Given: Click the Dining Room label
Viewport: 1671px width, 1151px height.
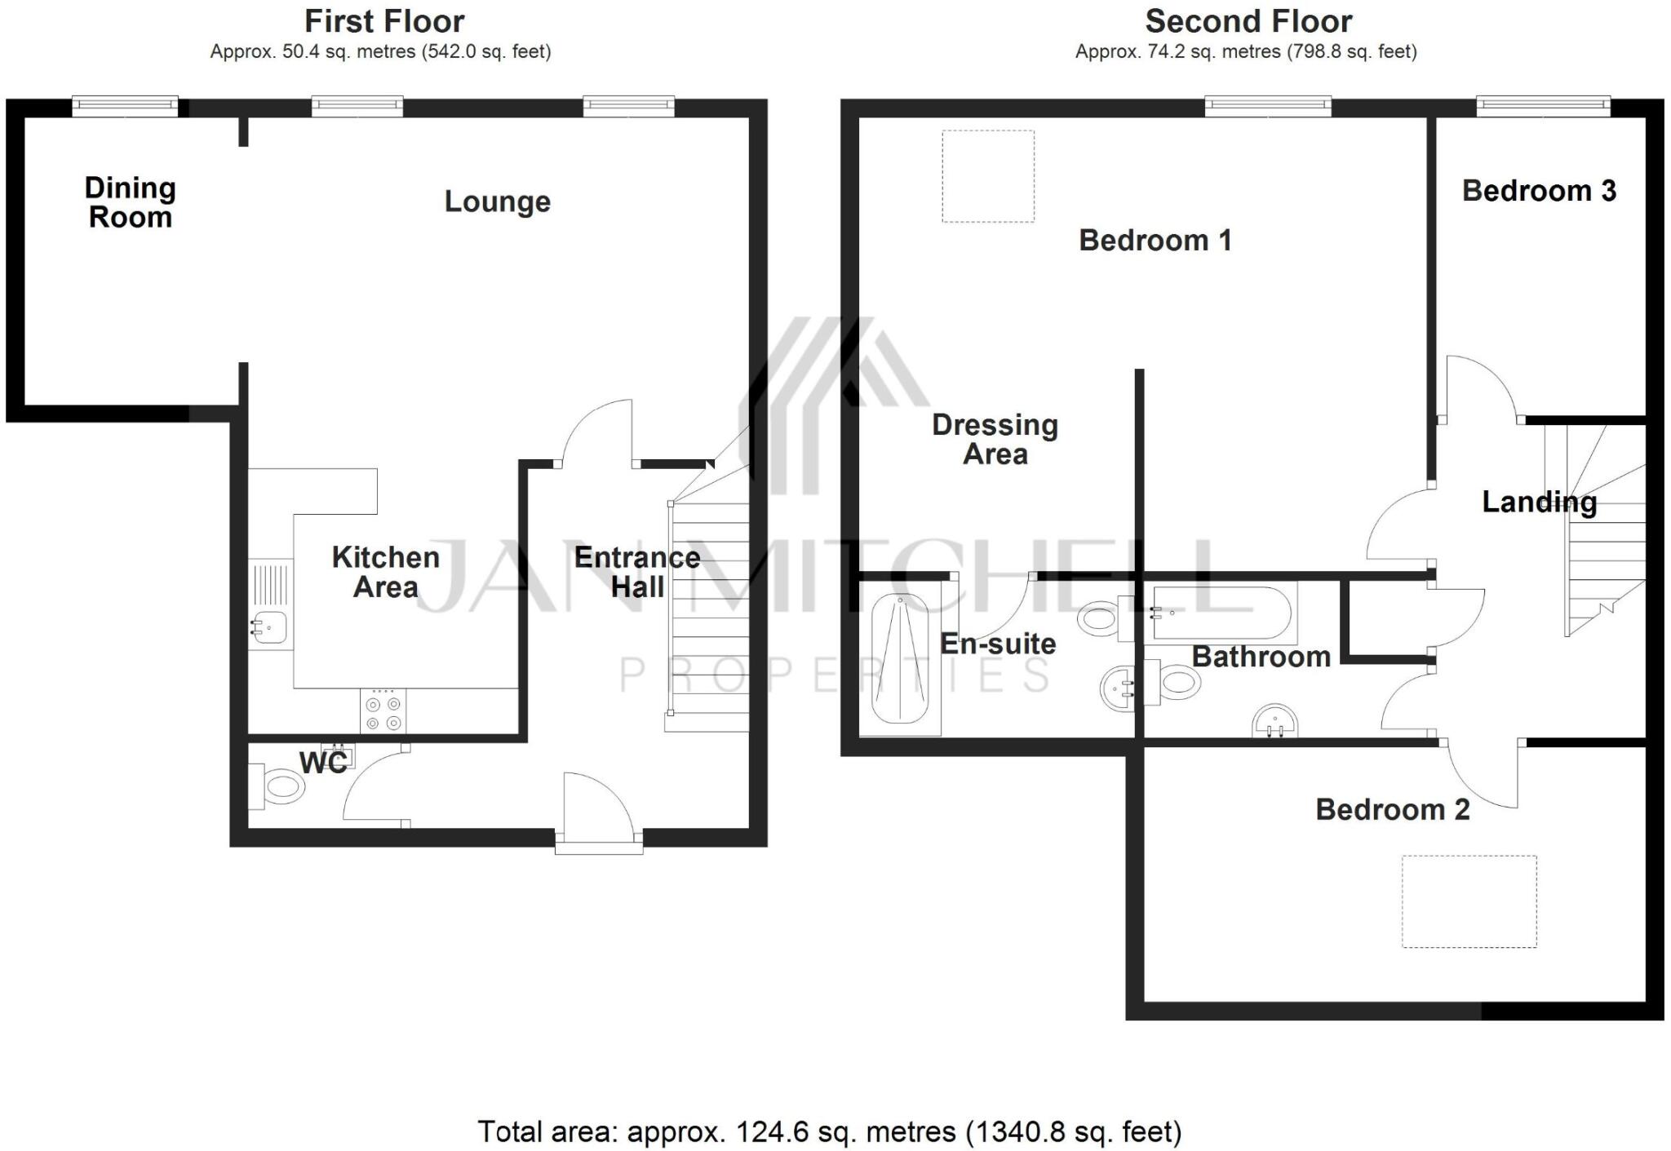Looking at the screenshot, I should [130, 202].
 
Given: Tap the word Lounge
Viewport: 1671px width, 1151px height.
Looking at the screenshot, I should [497, 201].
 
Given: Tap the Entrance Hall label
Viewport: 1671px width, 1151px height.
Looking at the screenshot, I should [636, 572].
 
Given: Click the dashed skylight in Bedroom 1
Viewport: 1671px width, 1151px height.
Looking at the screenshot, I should [987, 176].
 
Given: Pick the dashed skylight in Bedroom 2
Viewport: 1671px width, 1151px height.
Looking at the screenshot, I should [1469, 901].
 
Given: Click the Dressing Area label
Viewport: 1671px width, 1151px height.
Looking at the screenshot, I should [995, 439].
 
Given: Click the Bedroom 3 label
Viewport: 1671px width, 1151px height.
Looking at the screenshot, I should [1539, 191].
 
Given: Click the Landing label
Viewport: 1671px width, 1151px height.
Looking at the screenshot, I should [1539, 502].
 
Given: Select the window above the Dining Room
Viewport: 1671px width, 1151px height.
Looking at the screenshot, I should [125, 104].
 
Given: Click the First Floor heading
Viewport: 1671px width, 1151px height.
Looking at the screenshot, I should [384, 21].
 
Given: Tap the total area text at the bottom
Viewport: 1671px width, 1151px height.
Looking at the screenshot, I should [829, 1131].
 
